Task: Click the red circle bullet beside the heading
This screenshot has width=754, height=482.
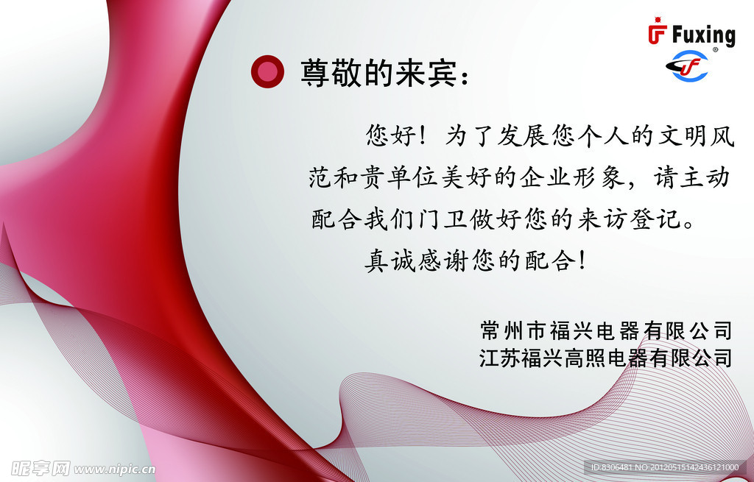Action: pos(267,71)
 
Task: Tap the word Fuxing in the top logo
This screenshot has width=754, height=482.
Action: pos(702,35)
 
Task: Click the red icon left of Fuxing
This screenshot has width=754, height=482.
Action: pos(656,33)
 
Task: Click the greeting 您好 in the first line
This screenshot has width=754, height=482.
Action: pos(391,135)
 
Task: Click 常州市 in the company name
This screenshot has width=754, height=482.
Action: pos(512,330)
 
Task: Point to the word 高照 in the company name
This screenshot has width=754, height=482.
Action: pos(585,359)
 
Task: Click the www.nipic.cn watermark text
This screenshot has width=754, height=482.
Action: pos(115,468)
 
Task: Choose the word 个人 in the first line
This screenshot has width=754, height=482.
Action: pos(604,135)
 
